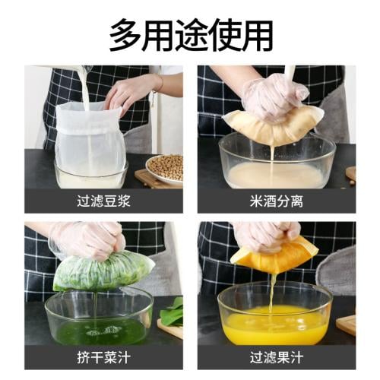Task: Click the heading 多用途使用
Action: pyautogui.click(x=191, y=36)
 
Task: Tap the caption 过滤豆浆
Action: pyautogui.click(x=103, y=201)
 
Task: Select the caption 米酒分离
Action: pyautogui.click(x=277, y=201)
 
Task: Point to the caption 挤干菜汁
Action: pyautogui.click(x=103, y=358)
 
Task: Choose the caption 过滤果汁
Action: pyautogui.click(x=277, y=358)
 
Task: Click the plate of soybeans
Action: pyautogui.click(x=165, y=169)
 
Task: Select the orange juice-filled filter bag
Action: pyautogui.click(x=276, y=257)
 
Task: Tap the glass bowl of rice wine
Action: pyautogui.click(x=277, y=162)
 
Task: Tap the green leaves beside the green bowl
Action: pyautogui.click(x=173, y=312)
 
